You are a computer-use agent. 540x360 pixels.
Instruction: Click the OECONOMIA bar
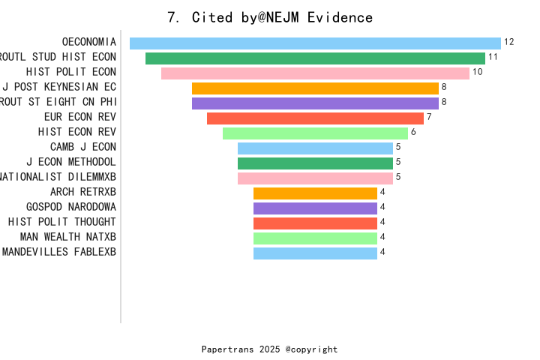tap(315, 43)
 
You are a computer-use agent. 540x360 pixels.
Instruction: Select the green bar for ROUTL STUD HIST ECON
tap(315, 58)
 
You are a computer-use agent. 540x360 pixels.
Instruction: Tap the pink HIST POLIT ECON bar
tap(315, 73)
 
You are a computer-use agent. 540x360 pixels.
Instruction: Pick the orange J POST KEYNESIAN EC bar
tap(315, 88)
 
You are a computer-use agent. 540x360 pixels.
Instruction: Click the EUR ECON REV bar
tap(315, 118)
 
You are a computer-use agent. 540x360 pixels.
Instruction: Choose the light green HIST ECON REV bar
tap(315, 133)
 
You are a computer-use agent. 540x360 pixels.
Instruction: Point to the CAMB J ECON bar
tap(315, 148)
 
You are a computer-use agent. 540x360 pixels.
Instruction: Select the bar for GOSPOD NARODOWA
tap(315, 208)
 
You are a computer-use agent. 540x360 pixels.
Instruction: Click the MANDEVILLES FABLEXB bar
tap(315, 253)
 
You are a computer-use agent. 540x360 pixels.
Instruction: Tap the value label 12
tap(509, 42)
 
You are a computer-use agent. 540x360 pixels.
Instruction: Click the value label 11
tap(493, 57)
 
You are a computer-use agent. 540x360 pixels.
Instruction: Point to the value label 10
tap(478, 72)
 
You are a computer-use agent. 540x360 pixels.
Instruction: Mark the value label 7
tap(429, 117)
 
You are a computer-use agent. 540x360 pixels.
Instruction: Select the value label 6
tap(413, 132)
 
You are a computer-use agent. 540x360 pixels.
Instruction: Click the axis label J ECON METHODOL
tap(71, 162)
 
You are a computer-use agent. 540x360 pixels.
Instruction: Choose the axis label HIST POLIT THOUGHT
tap(62, 222)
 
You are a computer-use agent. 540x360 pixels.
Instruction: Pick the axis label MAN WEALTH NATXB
tap(68, 237)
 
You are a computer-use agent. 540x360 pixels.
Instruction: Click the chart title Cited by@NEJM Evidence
tap(270, 17)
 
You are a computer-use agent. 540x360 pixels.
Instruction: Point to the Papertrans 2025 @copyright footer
tap(270, 349)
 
